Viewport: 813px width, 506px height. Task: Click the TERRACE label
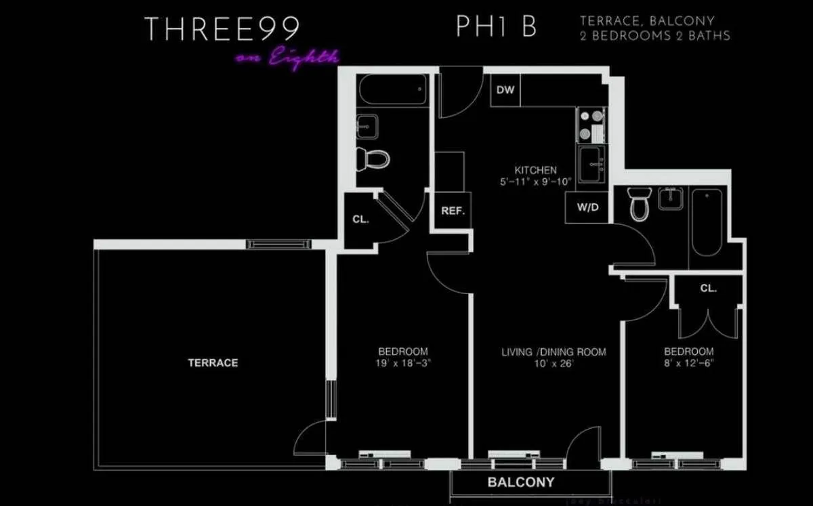[x=213, y=363]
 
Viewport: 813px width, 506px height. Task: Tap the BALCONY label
[x=521, y=483]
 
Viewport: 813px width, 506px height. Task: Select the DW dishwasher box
[x=505, y=91]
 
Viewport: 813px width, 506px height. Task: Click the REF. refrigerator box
[x=453, y=211]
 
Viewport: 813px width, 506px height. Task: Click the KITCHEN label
[x=535, y=171]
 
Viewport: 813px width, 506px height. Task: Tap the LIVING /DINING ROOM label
[x=554, y=352]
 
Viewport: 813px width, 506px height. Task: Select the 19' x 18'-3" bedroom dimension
[x=403, y=363]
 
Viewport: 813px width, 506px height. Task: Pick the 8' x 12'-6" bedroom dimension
[x=688, y=363]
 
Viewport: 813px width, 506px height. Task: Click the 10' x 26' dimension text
[x=554, y=363]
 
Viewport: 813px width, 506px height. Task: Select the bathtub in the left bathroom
[x=393, y=89]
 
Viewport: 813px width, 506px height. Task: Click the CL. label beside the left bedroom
[x=360, y=219]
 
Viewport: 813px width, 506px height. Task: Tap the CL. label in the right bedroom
[x=708, y=289]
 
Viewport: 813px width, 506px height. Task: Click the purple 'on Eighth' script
[x=287, y=58]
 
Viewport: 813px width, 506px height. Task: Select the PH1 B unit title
[x=497, y=28]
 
